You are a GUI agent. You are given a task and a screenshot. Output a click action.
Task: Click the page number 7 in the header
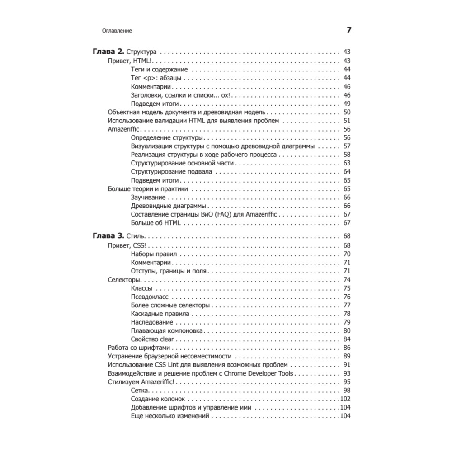click(348, 31)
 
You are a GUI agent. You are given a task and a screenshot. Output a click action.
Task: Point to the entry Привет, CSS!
click(128, 245)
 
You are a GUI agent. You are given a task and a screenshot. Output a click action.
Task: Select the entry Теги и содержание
click(159, 70)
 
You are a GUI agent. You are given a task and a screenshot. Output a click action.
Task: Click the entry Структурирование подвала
click(171, 172)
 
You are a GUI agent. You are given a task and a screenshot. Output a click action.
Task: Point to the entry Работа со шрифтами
click(139, 348)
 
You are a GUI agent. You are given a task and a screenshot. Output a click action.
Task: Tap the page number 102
click(345, 399)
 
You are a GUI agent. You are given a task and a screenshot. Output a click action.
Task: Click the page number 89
click(347, 356)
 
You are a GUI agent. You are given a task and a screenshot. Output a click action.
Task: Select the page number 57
click(347, 146)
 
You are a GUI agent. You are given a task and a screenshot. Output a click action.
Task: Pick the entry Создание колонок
click(159, 399)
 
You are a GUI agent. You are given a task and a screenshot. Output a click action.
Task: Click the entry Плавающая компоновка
click(167, 331)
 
